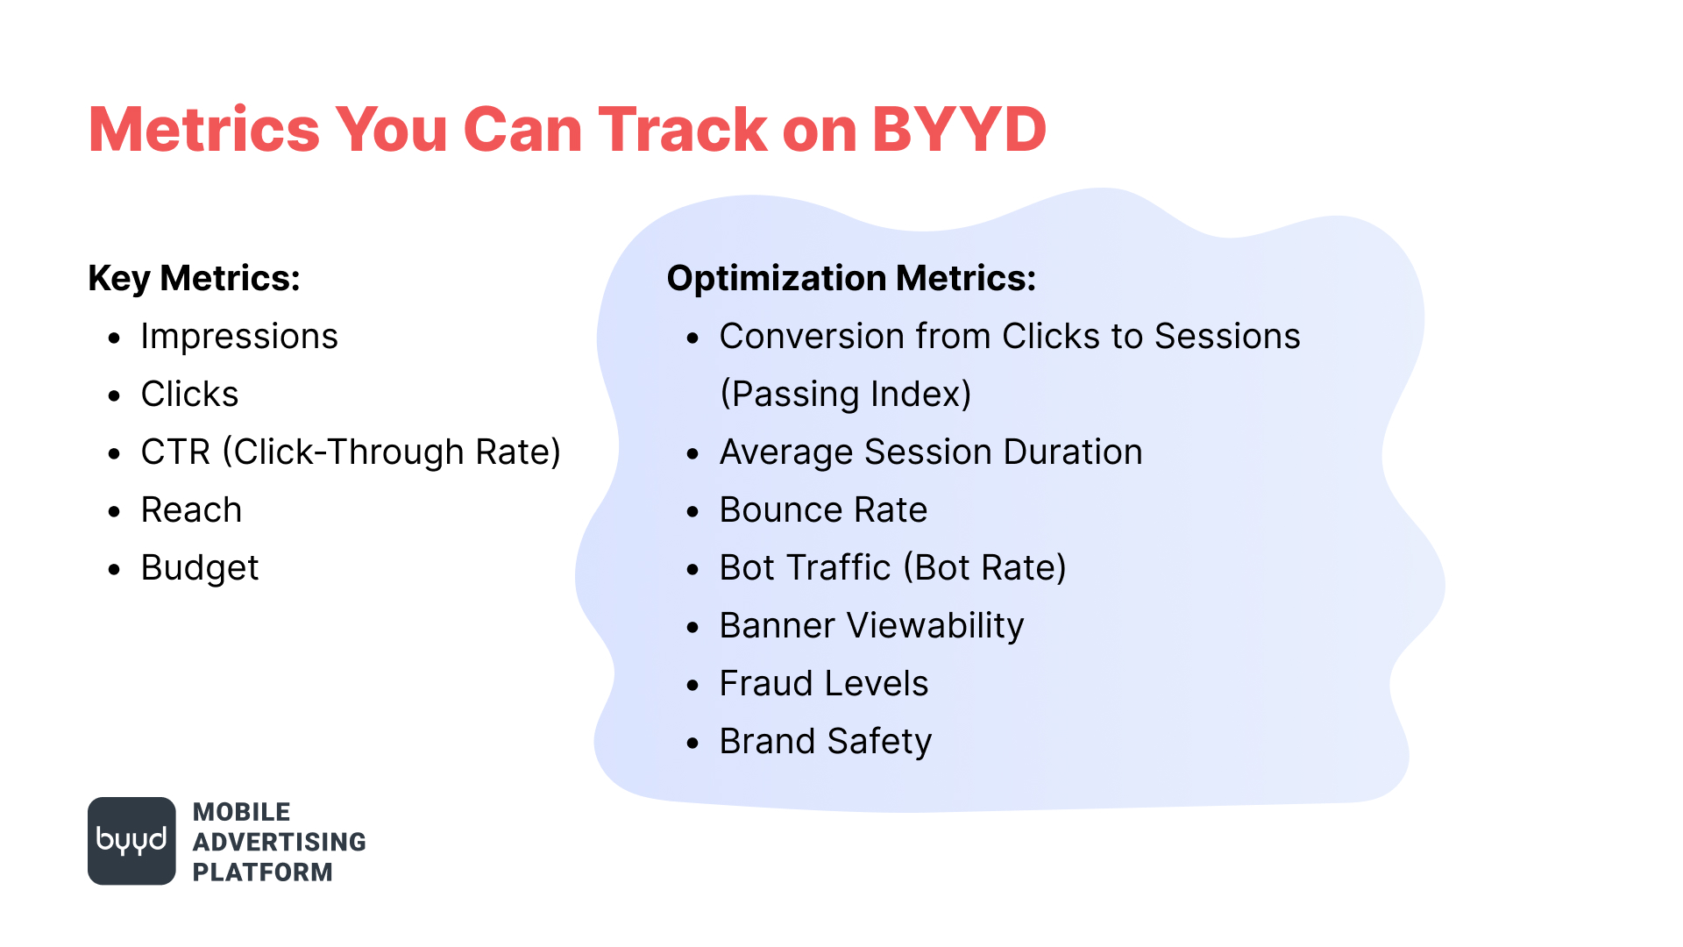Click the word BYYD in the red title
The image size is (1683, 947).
[959, 130]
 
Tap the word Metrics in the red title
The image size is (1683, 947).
[204, 130]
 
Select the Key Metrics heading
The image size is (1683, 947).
[194, 279]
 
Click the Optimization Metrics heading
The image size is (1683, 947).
[851, 279]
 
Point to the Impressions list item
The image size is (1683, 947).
[239, 337]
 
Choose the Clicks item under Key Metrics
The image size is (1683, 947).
[189, 395]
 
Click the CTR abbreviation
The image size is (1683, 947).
[175, 452]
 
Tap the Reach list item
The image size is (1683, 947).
[191, 510]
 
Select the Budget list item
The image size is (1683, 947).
[200, 568]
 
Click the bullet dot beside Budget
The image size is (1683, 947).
[114, 570]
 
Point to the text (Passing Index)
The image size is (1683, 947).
[845, 395]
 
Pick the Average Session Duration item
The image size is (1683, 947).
[931, 452]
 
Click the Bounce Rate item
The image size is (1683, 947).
[823, 510]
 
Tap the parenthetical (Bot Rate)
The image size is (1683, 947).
[984, 568]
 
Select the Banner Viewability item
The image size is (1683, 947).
[871, 626]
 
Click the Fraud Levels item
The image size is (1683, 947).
[823, 684]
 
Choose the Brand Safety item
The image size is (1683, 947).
[825, 742]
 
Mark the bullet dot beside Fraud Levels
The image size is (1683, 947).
[692, 686]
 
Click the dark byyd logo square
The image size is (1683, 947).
[131, 841]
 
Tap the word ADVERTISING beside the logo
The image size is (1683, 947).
[280, 842]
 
